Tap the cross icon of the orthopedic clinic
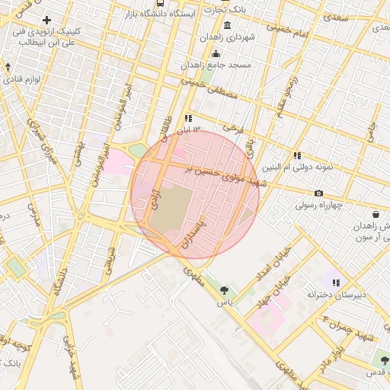point(47,20)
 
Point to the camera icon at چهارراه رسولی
point(318,193)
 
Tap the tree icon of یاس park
point(224,289)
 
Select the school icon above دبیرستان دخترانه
point(336,283)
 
